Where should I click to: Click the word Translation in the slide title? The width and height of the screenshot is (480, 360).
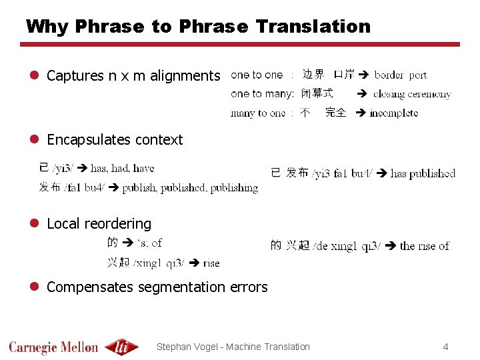313,27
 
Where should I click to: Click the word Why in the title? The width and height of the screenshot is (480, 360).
47,27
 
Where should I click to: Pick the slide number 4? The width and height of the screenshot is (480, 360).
445,347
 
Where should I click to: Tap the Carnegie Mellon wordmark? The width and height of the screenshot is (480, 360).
53,347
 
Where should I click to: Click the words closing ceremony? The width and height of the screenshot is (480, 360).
412,94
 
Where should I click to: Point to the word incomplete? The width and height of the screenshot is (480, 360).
394,113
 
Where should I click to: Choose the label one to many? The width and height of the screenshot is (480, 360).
262,94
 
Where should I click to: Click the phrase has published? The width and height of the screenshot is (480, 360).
423,174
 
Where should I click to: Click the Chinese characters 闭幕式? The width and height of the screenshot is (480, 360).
317,94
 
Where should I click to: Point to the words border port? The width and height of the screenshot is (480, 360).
401,75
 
